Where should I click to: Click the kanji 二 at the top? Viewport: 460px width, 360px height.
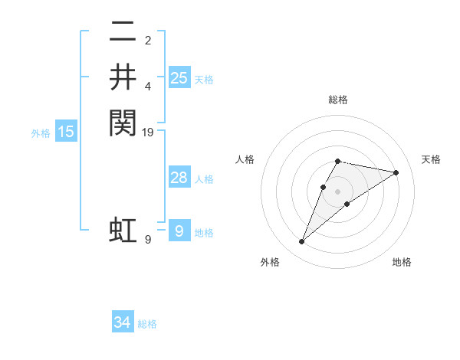click(x=123, y=33)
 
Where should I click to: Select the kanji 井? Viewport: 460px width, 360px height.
click(x=123, y=77)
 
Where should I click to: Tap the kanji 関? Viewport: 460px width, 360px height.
click(x=123, y=122)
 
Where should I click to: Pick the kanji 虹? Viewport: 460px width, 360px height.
click(x=123, y=231)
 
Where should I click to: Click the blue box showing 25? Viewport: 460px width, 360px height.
click(x=179, y=77)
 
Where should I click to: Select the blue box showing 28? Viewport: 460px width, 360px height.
click(x=179, y=178)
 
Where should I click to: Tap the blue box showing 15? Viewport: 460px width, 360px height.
click(x=66, y=132)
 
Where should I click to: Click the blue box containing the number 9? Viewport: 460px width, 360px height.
click(x=179, y=231)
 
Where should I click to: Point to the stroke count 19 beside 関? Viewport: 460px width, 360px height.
click(x=149, y=132)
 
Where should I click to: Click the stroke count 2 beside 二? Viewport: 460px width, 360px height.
click(x=148, y=40)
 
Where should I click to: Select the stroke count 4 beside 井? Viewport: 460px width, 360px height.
click(x=148, y=86)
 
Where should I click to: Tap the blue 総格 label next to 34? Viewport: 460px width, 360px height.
click(x=147, y=324)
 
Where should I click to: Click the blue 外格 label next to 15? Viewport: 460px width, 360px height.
click(x=41, y=133)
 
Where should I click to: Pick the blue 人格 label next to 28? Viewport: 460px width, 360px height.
click(x=204, y=179)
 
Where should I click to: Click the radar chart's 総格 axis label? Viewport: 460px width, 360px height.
click(x=338, y=100)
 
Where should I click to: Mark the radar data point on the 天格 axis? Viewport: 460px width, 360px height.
click(x=396, y=172)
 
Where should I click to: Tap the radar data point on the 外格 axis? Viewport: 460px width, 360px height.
click(x=302, y=242)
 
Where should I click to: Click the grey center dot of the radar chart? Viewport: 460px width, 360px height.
click(x=338, y=191)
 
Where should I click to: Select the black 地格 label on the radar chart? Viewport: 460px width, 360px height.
click(x=402, y=263)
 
